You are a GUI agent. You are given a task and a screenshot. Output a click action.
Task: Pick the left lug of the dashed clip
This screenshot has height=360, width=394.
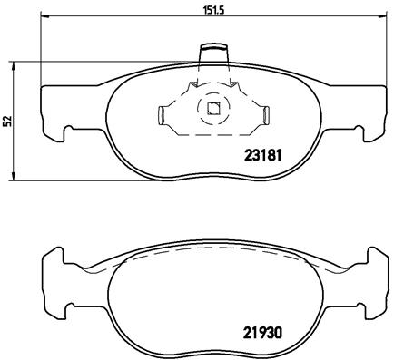(x=161, y=114)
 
